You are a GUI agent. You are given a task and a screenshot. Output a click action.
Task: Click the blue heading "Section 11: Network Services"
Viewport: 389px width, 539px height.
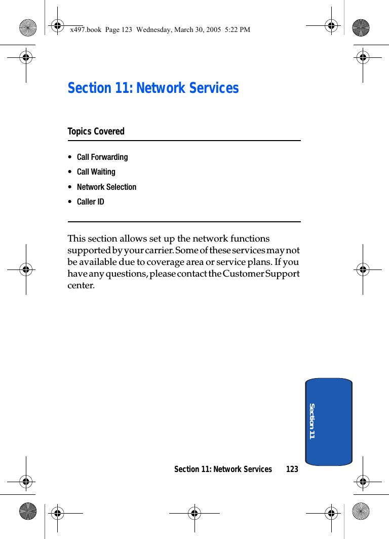153,88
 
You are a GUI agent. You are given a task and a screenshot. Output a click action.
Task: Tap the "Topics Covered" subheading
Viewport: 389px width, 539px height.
96,131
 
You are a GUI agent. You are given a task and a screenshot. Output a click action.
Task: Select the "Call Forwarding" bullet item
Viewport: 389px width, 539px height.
102,157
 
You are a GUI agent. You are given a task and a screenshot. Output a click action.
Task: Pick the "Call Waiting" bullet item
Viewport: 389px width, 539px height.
96,172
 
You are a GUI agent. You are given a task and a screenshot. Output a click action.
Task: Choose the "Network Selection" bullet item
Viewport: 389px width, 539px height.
106,187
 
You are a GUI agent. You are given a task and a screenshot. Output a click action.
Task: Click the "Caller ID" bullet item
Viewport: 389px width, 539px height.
90,202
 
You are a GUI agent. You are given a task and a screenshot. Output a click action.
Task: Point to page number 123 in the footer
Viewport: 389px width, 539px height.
292,469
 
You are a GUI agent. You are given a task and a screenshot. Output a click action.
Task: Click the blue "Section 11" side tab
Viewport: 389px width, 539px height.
329,421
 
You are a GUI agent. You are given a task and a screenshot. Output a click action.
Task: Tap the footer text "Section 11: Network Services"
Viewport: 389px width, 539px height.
223,469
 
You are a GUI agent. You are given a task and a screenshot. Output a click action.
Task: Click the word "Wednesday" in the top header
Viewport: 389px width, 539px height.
154,30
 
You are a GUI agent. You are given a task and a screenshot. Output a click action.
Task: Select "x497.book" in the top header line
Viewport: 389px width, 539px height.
86,30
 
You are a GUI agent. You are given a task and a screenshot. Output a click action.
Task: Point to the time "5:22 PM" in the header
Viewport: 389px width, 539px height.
238,30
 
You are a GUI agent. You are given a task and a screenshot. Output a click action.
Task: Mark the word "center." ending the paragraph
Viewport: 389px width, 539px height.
81,285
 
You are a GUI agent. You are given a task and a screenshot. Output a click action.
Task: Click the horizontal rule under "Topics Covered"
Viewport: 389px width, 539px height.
184,141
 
